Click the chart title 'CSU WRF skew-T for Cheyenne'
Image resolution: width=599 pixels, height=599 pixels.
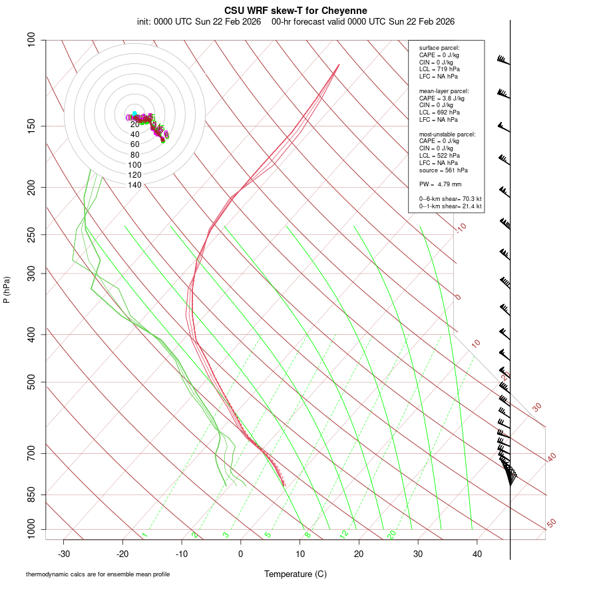click(296, 11)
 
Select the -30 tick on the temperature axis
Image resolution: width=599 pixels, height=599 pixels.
click(64, 554)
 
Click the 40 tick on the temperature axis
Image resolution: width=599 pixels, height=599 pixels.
click(477, 554)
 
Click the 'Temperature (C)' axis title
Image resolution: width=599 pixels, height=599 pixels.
click(296, 574)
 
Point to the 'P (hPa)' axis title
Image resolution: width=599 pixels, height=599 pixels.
click(7, 290)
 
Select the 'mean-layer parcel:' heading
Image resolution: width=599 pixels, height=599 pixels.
click(444, 91)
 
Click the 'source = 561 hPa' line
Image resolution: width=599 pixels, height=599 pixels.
click(440, 170)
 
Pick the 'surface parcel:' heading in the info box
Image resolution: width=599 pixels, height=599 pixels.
click(439, 47)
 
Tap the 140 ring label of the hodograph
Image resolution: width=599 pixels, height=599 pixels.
click(134, 185)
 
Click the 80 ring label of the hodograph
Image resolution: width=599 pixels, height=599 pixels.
click(134, 155)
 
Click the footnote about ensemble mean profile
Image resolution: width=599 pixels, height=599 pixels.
click(98, 574)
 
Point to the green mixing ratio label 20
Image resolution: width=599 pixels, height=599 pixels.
click(391, 534)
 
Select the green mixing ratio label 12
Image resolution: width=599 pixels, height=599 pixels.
click(344, 534)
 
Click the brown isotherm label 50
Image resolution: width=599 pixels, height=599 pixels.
click(551, 524)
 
